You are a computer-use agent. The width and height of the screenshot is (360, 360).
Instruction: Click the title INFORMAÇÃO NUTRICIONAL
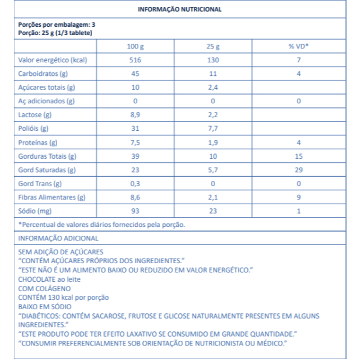click(179, 10)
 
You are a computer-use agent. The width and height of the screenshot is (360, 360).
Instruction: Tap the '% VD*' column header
click(298, 47)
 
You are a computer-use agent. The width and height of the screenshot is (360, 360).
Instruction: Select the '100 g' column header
click(135, 47)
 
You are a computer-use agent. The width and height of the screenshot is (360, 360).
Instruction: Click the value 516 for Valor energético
click(135, 60)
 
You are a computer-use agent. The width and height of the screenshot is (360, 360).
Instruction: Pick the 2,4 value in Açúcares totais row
click(213, 88)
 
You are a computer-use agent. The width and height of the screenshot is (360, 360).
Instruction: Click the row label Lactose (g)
click(35, 115)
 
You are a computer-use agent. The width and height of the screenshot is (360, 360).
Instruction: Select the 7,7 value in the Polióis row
click(213, 128)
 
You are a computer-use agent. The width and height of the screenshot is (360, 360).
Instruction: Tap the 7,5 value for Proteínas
click(135, 142)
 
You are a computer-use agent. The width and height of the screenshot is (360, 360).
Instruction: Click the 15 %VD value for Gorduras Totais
click(298, 156)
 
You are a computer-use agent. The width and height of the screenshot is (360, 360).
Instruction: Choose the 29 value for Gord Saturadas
click(298, 170)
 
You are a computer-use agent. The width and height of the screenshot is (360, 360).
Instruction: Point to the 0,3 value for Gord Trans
click(135, 183)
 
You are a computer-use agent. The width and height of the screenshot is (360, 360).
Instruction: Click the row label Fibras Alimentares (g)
click(52, 197)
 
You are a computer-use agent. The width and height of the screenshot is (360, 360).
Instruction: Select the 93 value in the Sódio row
click(135, 211)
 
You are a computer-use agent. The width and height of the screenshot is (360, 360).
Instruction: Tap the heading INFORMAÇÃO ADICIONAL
click(58, 238)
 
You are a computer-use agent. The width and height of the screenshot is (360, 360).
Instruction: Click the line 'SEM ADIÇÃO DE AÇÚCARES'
click(57, 251)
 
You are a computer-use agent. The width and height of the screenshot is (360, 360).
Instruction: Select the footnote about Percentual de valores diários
click(102, 224)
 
